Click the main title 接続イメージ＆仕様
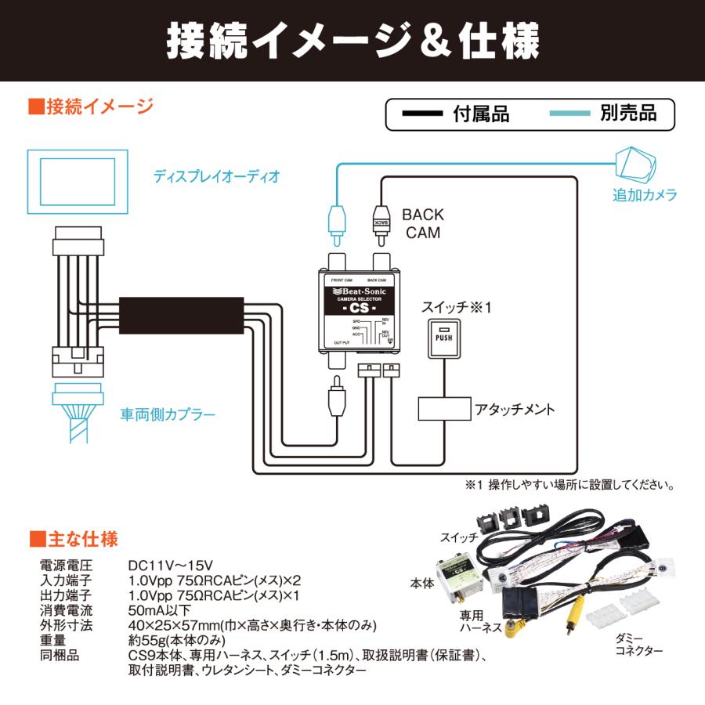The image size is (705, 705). click(x=352, y=41)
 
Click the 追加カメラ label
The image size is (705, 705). click(x=644, y=196)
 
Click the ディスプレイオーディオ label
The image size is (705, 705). click(x=216, y=176)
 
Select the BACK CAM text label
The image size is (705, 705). click(x=423, y=223)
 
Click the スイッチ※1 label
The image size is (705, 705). click(x=456, y=308)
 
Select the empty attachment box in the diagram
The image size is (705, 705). click(x=443, y=410)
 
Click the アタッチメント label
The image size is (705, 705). click(x=515, y=410)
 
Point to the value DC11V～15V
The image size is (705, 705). click(x=171, y=565)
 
